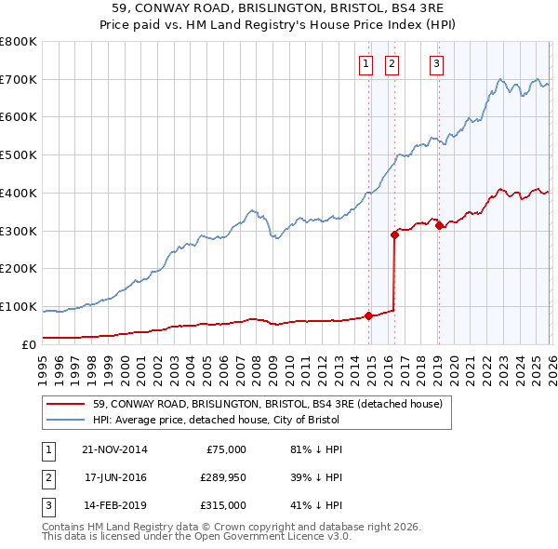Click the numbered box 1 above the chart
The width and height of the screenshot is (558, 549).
pos(365,64)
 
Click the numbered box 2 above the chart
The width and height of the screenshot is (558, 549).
pos(392,64)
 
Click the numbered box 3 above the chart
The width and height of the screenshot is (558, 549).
pos(436,64)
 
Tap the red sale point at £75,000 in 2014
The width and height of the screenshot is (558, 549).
pos(369,315)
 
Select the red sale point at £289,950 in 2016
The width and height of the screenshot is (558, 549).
pos(394,234)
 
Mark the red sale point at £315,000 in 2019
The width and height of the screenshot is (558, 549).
pos(438,225)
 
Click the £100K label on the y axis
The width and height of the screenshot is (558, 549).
pos(19,306)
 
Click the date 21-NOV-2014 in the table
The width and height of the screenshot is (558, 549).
pos(114,449)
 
